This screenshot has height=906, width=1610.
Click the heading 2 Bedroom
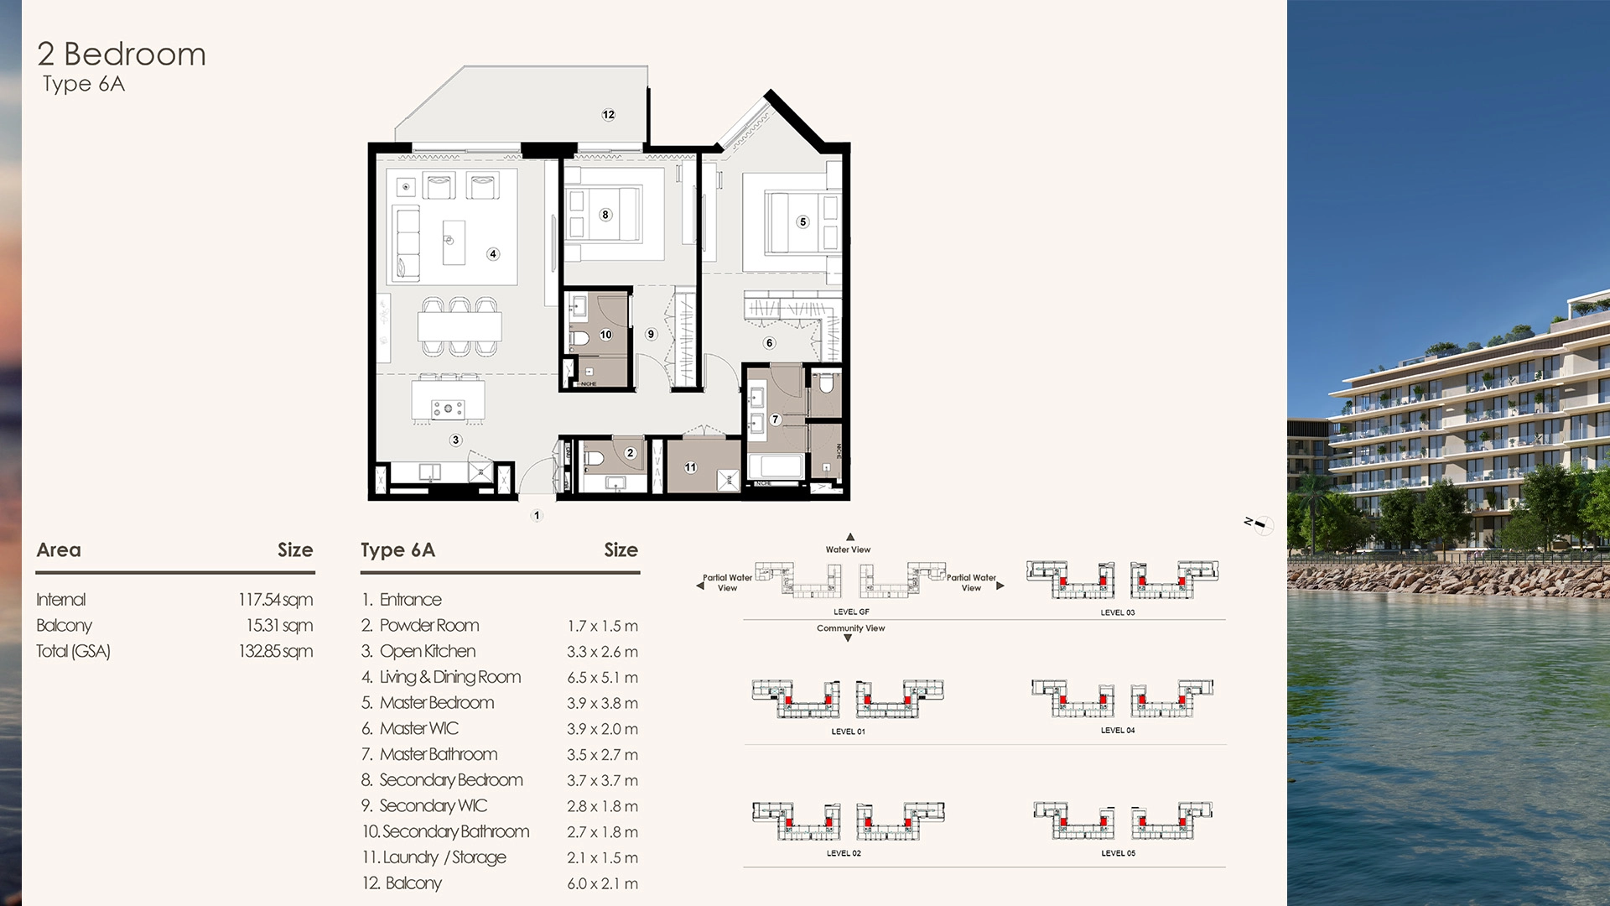pyautogui.click(x=122, y=55)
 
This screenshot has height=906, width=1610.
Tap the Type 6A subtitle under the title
pyautogui.click(x=84, y=84)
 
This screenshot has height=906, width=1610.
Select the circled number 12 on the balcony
pyautogui.click(x=608, y=115)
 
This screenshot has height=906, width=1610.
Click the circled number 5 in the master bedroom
pyautogui.click(x=802, y=222)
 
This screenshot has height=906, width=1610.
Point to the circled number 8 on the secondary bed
pyautogui.click(x=605, y=215)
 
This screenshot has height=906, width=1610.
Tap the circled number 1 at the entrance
pyautogui.click(x=537, y=515)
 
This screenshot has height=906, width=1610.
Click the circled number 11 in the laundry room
pyautogui.click(x=690, y=467)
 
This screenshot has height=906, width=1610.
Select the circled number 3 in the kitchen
pyautogui.click(x=455, y=440)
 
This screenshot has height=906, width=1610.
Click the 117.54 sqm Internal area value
pyautogui.click(x=275, y=600)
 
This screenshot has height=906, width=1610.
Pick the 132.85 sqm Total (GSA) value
pyautogui.click(x=275, y=651)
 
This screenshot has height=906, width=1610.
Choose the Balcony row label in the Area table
pyautogui.click(x=64, y=626)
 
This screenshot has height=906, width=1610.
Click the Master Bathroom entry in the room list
pyautogui.click(x=438, y=754)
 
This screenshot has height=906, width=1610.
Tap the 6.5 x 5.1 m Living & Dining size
pyautogui.click(x=602, y=678)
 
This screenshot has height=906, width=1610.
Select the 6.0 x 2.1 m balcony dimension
pyautogui.click(x=602, y=883)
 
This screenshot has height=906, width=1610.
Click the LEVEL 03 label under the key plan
pyautogui.click(x=1117, y=612)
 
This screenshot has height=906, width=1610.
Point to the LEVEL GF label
pyautogui.click(x=850, y=612)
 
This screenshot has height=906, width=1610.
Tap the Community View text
pyautogui.click(x=850, y=628)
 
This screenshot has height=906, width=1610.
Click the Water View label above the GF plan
pyautogui.click(x=848, y=549)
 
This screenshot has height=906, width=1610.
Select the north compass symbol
pyautogui.click(x=1259, y=524)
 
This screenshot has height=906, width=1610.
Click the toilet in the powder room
pyautogui.click(x=595, y=459)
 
